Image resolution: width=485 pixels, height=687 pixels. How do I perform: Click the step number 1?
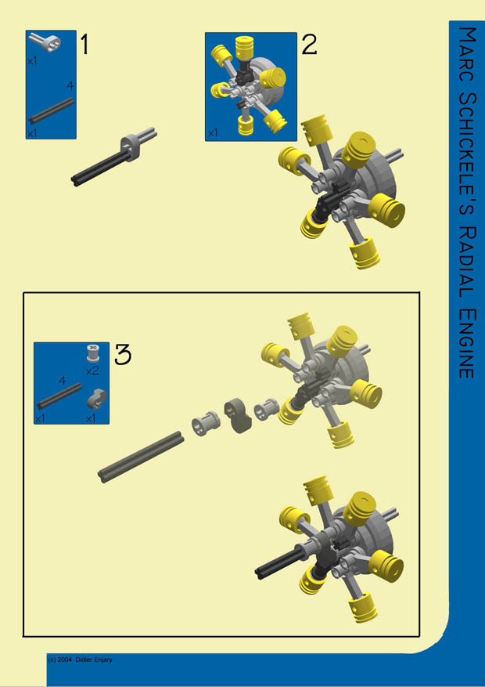coord(84,45)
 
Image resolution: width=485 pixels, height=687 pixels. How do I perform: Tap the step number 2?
coord(309,45)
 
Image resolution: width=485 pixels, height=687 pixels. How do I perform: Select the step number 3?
coord(123,355)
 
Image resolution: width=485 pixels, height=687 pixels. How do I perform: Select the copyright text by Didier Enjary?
coord(80,660)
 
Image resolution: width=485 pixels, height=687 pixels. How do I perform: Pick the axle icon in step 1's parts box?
coord(52,111)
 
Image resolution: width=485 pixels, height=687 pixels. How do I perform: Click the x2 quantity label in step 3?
coord(92,370)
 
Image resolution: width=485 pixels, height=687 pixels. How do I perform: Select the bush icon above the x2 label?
coord(93,353)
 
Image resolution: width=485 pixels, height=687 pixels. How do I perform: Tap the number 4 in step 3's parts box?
coord(62,380)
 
